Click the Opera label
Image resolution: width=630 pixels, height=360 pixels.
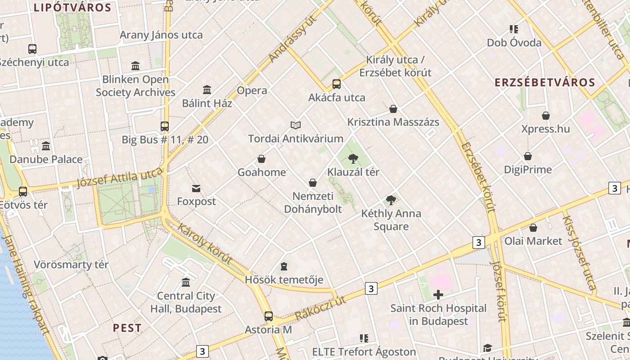tap(252, 90)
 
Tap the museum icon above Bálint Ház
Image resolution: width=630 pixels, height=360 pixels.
tap(207, 90)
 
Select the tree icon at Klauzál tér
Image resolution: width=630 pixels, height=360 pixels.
tap(353, 158)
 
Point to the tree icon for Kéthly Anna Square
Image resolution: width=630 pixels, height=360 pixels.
tap(391, 200)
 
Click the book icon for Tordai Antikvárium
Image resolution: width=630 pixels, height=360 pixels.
tap(295, 125)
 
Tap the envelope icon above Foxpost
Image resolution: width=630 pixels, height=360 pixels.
tap(196, 188)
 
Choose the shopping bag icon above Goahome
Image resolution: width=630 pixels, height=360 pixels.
tap(261, 158)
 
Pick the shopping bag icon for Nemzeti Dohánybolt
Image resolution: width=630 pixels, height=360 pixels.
tap(313, 182)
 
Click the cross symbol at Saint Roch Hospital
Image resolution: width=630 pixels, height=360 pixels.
tap(438, 295)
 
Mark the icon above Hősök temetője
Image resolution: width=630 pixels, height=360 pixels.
tap(284, 266)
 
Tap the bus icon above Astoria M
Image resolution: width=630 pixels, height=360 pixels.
tap(269, 316)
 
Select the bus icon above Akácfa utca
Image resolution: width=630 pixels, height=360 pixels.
tap(337, 84)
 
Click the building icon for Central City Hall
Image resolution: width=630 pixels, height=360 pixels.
tap(185, 282)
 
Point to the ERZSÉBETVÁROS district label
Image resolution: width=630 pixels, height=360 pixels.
tap(545, 82)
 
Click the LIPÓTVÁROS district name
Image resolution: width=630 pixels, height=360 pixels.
tap(72, 7)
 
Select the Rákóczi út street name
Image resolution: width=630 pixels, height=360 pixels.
tap(320, 308)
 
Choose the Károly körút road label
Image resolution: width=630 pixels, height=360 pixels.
tap(205, 243)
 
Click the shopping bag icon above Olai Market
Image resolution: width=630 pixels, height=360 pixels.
tap(533, 228)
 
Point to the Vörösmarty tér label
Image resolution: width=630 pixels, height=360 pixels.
tap(71, 265)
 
